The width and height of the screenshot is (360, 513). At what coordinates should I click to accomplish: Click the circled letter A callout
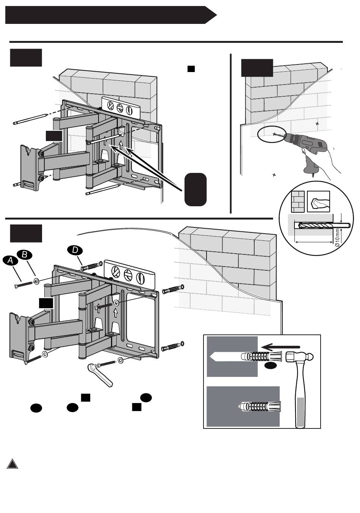10,260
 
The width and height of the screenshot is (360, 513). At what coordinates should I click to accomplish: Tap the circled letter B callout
25,255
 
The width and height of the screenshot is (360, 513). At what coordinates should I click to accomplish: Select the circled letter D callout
75,250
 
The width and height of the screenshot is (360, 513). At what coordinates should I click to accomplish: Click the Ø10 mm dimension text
337,238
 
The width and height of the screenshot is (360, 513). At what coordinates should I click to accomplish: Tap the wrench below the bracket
100,376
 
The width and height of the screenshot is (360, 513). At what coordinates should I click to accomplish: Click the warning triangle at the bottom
13,464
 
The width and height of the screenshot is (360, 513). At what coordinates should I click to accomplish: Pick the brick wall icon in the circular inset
297,202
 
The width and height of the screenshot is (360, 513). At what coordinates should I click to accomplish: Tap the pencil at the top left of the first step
30,119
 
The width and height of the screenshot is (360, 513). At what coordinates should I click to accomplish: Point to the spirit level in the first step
121,108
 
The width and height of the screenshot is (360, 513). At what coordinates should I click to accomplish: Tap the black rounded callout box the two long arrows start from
196,190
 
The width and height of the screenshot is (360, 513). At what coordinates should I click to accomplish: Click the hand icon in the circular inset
318,202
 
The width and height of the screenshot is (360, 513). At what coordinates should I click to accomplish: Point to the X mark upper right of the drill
317,124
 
